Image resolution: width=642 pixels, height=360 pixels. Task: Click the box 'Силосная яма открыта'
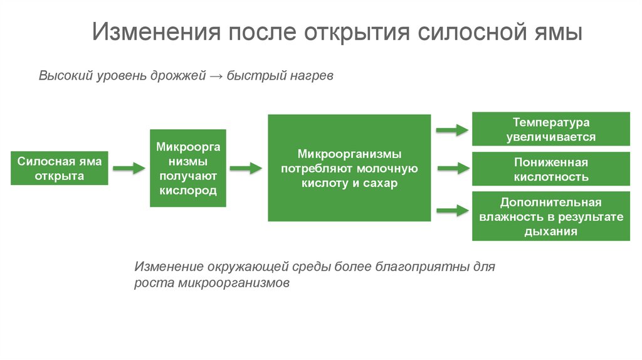click(x=60, y=168)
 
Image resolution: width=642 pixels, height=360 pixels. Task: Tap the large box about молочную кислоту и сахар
click(x=349, y=168)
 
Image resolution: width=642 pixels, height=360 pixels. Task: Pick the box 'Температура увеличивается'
click(x=550, y=129)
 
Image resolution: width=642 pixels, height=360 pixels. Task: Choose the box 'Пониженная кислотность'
click(x=550, y=169)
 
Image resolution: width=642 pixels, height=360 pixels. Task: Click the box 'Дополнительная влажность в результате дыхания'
click(x=550, y=217)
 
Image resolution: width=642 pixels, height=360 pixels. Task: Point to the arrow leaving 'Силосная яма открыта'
click(x=129, y=168)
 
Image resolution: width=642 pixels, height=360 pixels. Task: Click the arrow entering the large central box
click(x=245, y=168)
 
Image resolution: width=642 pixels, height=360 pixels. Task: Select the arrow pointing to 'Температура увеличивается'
click(x=452, y=130)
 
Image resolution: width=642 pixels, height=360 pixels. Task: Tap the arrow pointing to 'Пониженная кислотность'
click(x=452, y=168)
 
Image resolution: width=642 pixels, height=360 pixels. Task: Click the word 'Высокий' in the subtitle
click(x=65, y=76)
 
